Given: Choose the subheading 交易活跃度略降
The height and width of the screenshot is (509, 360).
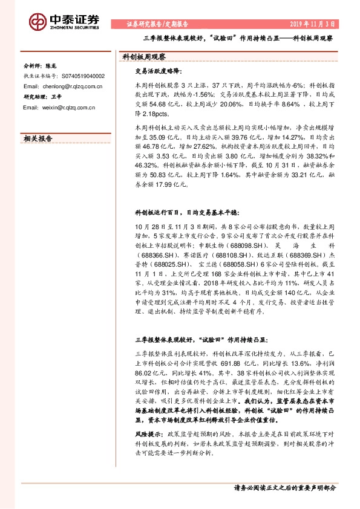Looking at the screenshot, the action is pyautogui.click(x=159, y=71).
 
